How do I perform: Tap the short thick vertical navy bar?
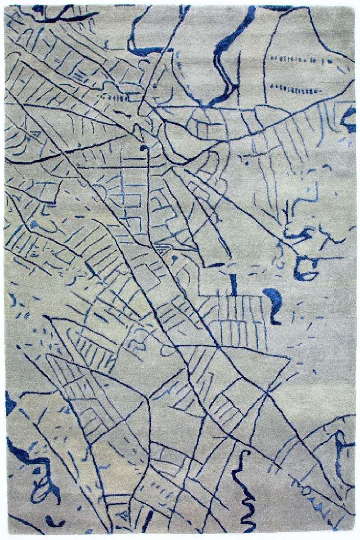(x=233, y=283)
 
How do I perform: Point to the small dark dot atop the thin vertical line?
(x=143, y=147)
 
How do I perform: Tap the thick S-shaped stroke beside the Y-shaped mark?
(x=295, y=234)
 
